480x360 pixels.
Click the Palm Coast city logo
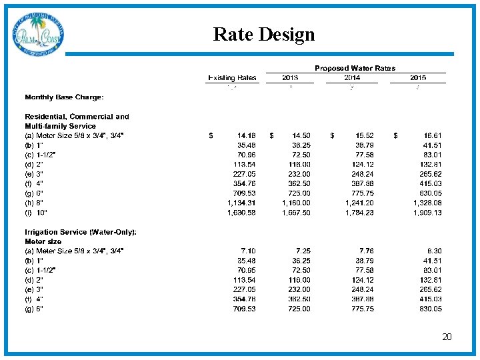click(38, 35)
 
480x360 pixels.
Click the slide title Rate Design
click(264, 34)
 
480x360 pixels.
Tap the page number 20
click(447, 337)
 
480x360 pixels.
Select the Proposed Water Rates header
click(355, 68)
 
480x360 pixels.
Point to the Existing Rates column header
click(232, 78)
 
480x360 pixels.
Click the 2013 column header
click(290, 78)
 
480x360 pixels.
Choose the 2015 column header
click(418, 78)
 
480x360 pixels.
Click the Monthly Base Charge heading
click(64, 97)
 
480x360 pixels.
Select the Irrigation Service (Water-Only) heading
click(81, 231)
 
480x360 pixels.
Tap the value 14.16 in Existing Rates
click(241, 135)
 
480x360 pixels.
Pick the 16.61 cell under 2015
click(432, 135)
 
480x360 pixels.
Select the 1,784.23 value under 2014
click(359, 213)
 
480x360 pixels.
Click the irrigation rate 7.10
click(244, 251)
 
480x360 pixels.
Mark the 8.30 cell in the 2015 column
click(434, 251)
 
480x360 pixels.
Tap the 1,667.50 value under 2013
click(295, 213)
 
